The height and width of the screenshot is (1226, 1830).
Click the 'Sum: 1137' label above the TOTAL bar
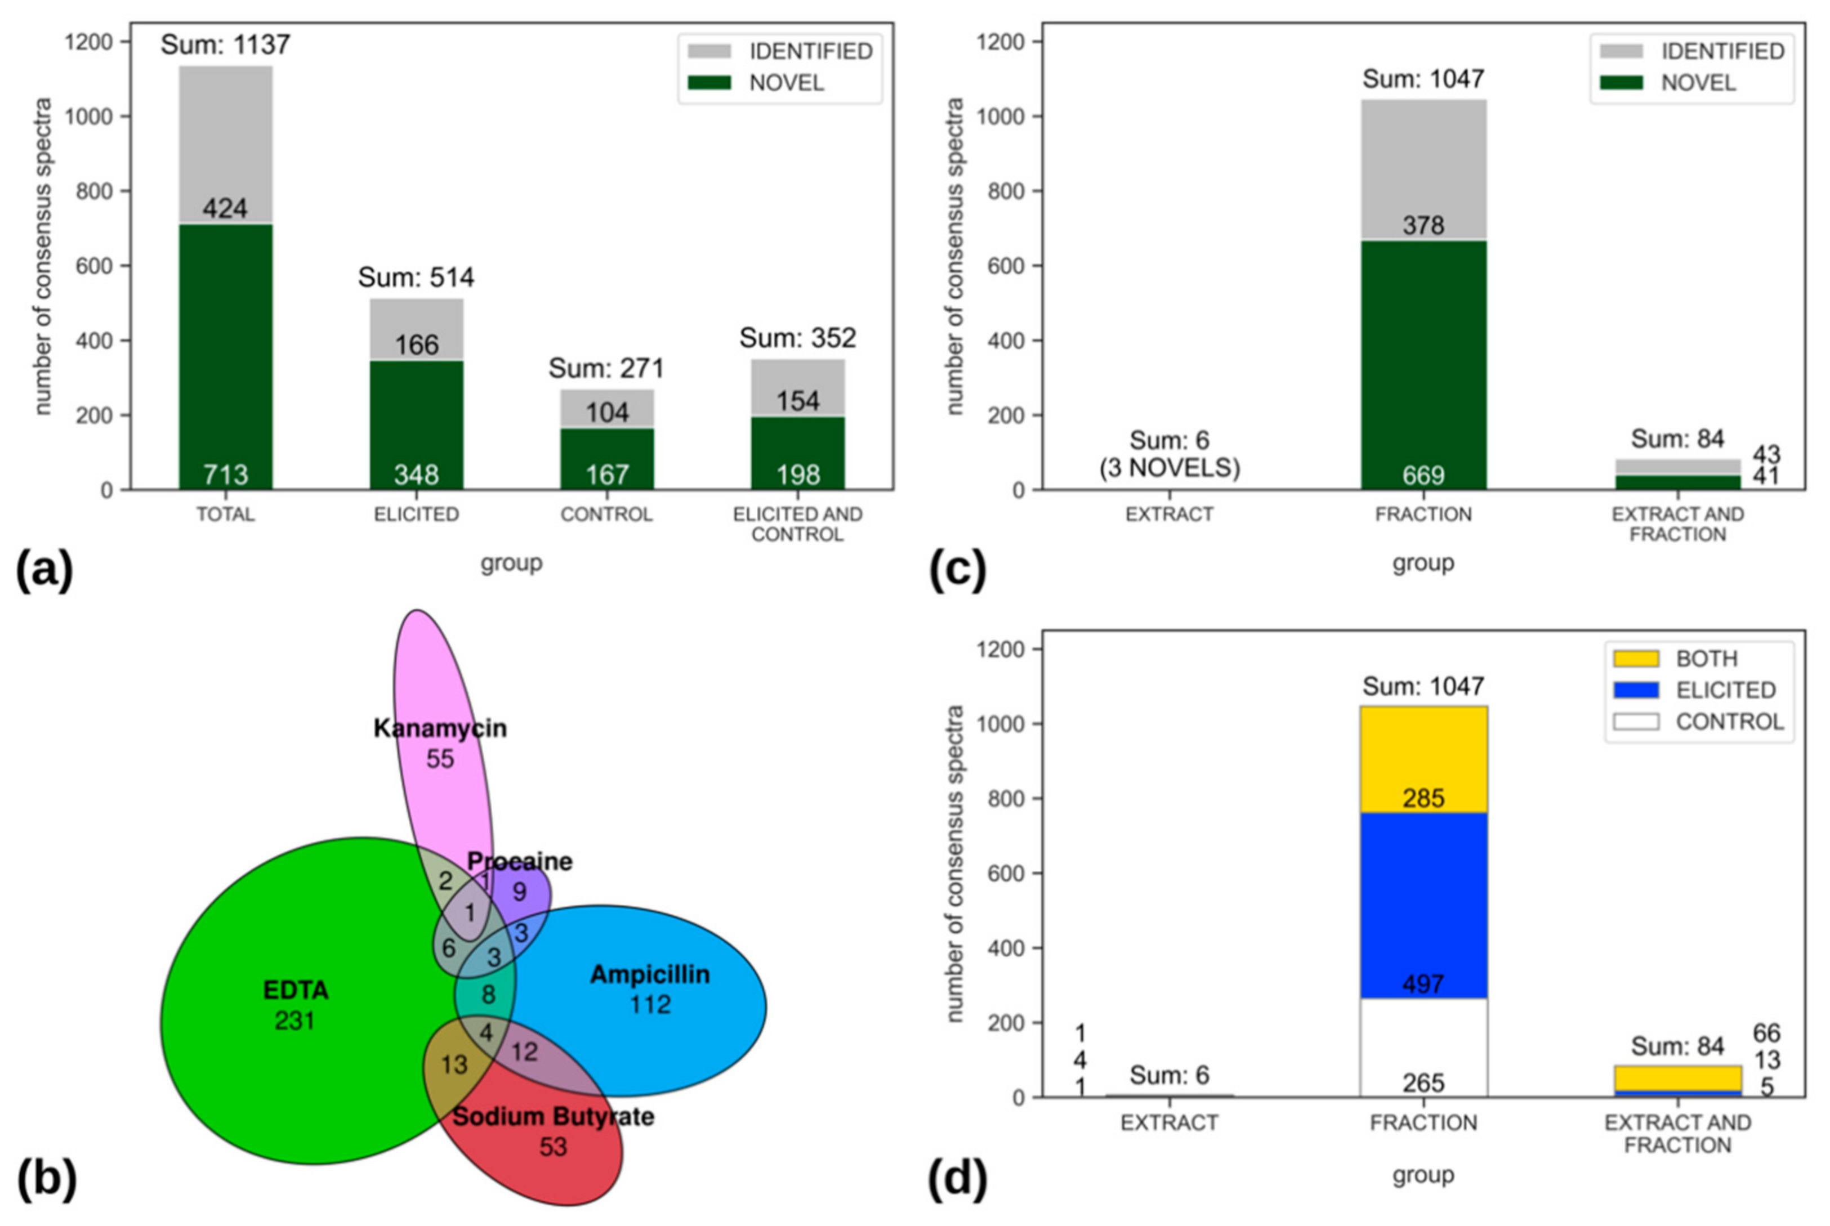click(x=225, y=44)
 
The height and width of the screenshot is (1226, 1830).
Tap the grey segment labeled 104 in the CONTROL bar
click(x=607, y=409)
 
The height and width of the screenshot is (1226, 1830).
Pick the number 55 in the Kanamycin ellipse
click(x=440, y=758)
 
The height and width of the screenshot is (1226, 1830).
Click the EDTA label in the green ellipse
click(x=296, y=990)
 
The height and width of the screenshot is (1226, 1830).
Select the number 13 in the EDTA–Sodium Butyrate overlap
click(x=454, y=1064)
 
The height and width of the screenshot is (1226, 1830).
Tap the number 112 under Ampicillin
click(x=650, y=1004)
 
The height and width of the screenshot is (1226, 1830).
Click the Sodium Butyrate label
click(x=553, y=1117)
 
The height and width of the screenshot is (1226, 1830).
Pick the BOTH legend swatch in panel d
click(x=1635, y=659)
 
